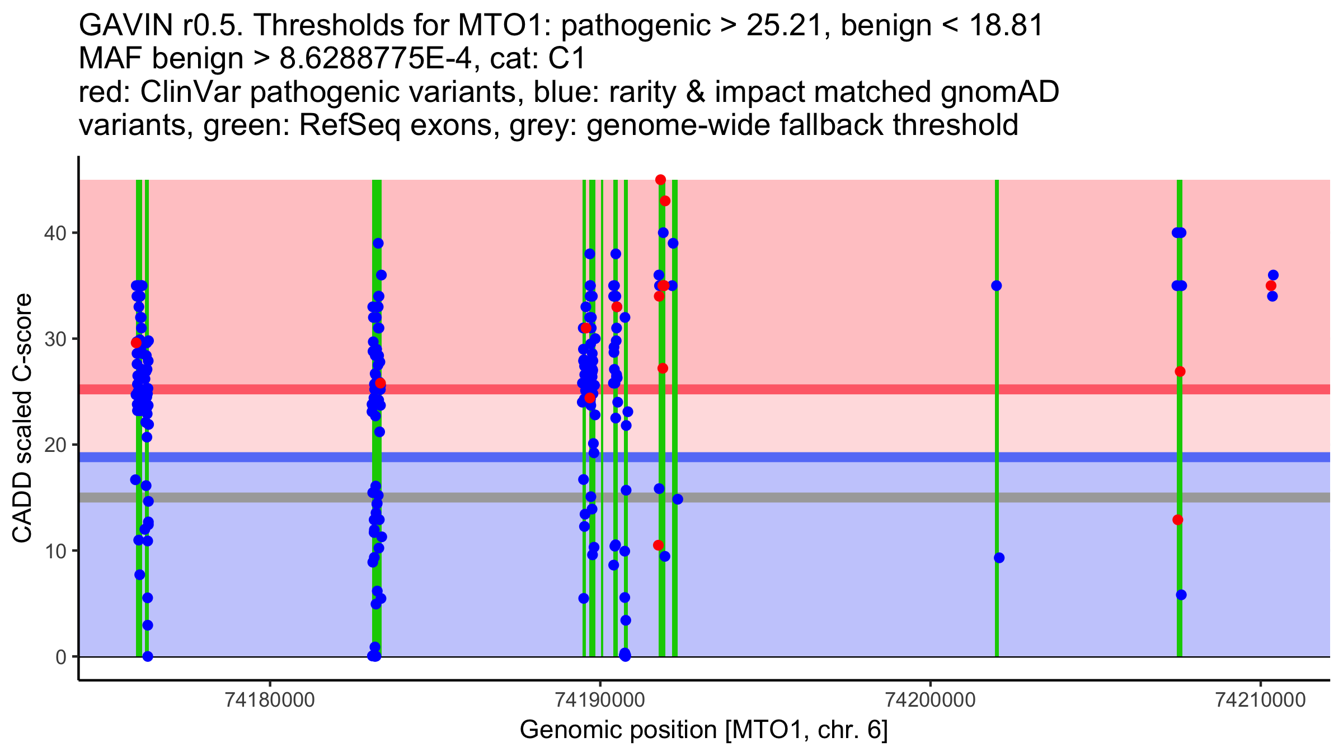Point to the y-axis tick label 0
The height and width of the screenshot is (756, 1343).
(x=60, y=657)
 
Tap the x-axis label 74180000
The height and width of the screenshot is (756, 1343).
(x=270, y=699)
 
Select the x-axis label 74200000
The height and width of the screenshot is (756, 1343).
(x=931, y=699)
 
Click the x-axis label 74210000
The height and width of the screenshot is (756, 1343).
(x=1260, y=699)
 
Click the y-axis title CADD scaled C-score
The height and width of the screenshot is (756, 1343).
(x=22, y=419)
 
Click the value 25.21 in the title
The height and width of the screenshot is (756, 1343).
(x=788, y=26)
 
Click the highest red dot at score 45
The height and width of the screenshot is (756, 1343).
(x=660, y=180)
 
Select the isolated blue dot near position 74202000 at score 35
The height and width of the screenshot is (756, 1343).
(x=996, y=286)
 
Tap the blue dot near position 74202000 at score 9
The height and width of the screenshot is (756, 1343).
(x=999, y=558)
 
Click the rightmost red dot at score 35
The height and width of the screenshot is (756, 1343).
(x=1271, y=286)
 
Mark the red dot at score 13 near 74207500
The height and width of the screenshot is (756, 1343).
(x=1178, y=520)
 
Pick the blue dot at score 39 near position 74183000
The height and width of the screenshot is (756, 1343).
(x=378, y=243)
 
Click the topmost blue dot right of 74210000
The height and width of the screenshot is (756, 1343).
(x=1273, y=275)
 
